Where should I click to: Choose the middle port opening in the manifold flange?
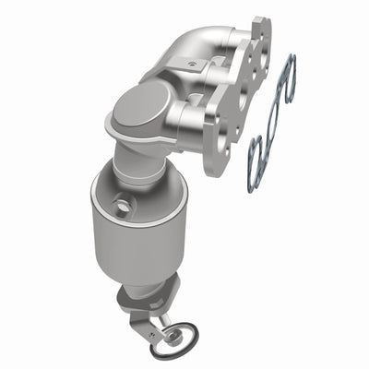(x=242, y=92)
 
